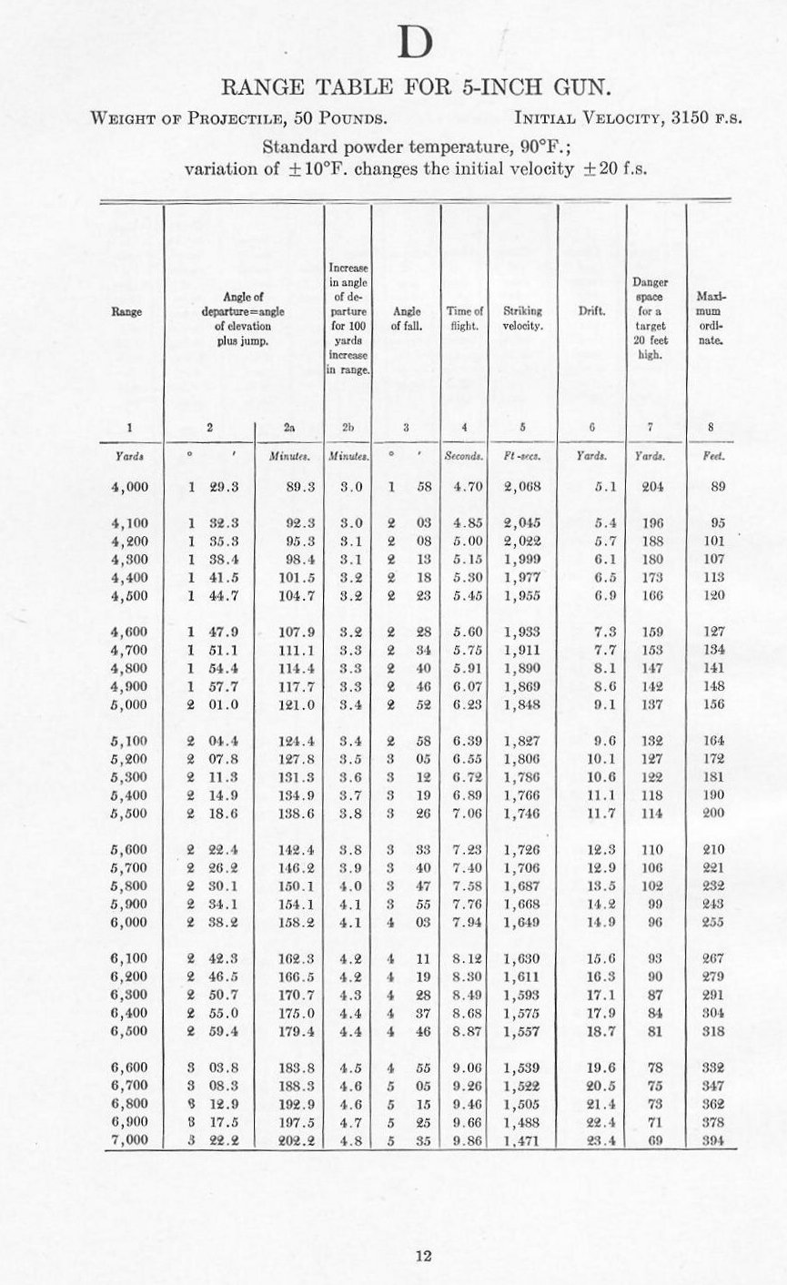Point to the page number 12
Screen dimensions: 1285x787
click(x=423, y=1256)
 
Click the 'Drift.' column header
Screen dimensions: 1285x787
click(x=591, y=311)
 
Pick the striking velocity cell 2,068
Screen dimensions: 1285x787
click(x=522, y=486)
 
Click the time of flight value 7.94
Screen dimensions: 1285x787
click(x=464, y=923)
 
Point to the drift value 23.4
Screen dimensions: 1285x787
click(x=602, y=1140)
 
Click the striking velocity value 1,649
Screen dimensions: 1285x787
click(x=522, y=923)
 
